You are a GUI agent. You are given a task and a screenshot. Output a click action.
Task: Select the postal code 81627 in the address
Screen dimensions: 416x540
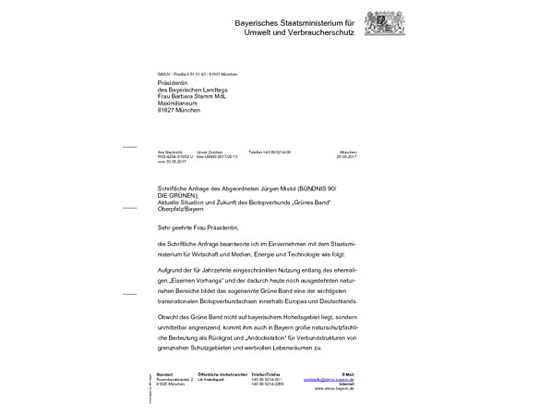click(x=168, y=109)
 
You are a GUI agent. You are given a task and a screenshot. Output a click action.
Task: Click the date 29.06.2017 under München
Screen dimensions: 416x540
click(x=345, y=157)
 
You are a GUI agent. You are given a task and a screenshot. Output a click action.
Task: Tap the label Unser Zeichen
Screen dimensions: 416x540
click(x=210, y=152)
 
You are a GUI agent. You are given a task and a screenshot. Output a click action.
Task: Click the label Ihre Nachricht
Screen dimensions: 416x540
click(x=171, y=152)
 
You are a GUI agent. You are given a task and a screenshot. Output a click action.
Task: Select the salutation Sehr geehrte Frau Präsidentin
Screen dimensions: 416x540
click(x=198, y=226)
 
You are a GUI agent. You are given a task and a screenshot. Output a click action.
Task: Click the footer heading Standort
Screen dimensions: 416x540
click(x=164, y=374)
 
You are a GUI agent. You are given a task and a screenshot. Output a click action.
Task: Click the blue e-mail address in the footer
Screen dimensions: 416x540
click(x=334, y=379)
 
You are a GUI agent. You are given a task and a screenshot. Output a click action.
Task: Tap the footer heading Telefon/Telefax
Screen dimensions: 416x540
click(x=266, y=374)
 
